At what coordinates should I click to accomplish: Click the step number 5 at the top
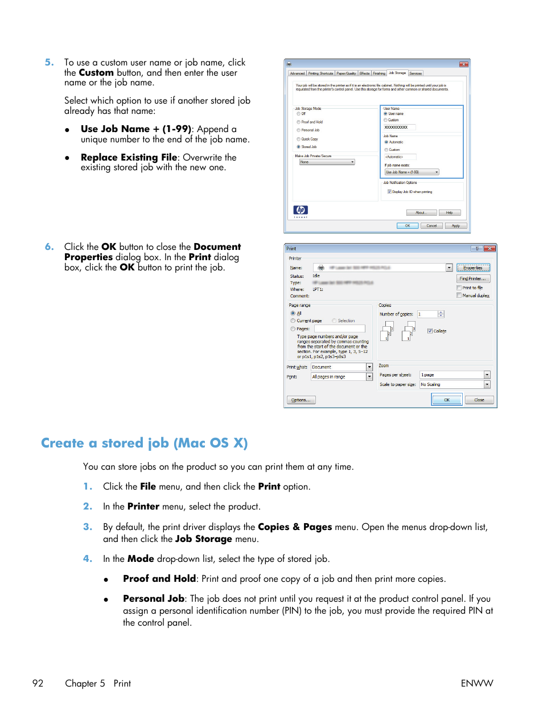click(49, 63)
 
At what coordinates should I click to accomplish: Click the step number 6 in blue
click(49, 247)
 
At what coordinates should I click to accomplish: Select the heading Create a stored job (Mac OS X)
click(144, 443)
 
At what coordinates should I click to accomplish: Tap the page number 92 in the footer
click(38, 683)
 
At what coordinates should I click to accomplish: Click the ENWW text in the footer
click(476, 683)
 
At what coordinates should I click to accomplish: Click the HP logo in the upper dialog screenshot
click(301, 210)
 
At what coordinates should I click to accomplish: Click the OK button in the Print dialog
click(446, 400)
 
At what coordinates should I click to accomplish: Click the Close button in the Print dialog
click(479, 400)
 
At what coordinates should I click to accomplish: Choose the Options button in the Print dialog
click(301, 400)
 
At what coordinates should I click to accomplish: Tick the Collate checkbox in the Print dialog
click(430, 331)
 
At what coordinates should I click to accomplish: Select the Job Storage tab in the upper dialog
click(397, 73)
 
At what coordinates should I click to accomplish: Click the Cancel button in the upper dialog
click(431, 226)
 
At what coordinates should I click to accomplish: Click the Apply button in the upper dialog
click(455, 226)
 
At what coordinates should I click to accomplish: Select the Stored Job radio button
click(298, 147)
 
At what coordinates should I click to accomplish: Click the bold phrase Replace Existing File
click(129, 158)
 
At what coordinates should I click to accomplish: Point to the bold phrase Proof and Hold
click(159, 579)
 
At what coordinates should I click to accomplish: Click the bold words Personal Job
click(154, 599)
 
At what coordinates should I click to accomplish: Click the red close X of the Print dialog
click(490, 249)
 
